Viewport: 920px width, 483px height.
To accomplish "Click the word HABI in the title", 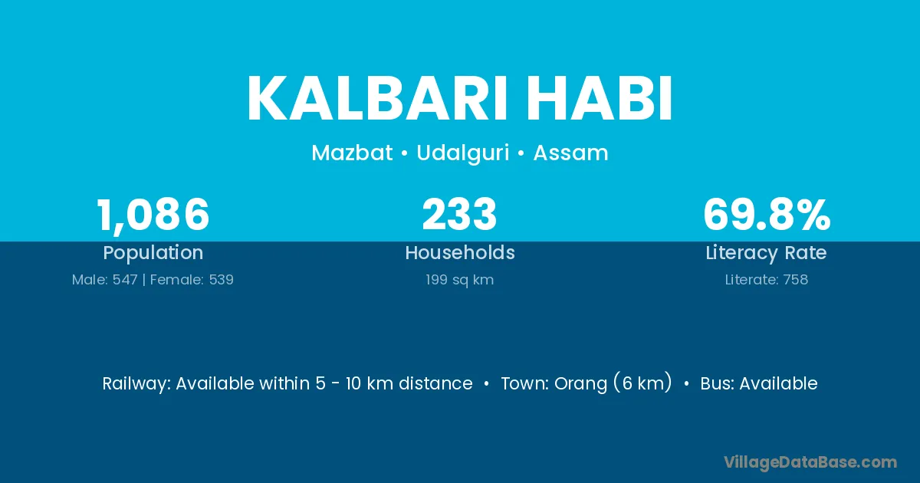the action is [x=600, y=98].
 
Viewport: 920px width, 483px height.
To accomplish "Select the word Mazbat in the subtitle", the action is [x=352, y=153].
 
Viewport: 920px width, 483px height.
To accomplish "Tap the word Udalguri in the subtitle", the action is [x=463, y=153].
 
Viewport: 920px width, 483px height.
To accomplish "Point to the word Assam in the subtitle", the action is [x=570, y=153].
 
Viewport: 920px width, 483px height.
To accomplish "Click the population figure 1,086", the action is [x=153, y=215].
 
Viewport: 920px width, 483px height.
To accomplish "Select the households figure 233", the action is [x=459, y=215].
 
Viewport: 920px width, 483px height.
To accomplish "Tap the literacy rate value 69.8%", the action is [x=767, y=215].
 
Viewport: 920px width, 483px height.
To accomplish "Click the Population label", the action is [x=153, y=253].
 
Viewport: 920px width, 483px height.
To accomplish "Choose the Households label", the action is [x=460, y=252].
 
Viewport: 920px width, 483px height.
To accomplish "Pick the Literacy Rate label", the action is [x=766, y=253].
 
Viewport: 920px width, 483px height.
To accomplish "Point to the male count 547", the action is [x=125, y=280].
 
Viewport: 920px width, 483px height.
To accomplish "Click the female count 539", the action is [x=222, y=280].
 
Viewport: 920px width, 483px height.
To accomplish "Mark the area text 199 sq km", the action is [x=459, y=280].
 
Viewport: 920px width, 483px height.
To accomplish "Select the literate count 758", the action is [x=796, y=280].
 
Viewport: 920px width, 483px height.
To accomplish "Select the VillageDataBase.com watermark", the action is [x=810, y=462].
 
